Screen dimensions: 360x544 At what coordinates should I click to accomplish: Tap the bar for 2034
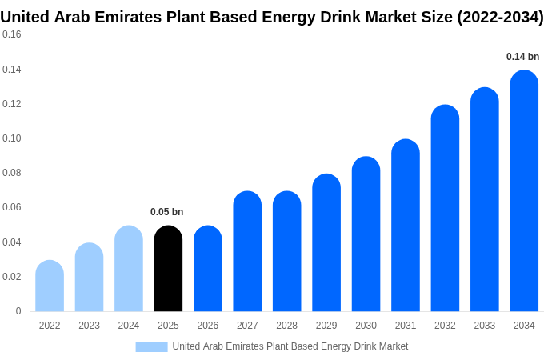(x=524, y=191)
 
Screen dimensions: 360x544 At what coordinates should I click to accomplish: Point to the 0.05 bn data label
(x=167, y=212)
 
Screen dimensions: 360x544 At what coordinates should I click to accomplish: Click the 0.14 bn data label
(x=522, y=57)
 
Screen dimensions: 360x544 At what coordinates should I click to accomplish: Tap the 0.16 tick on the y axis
(x=12, y=35)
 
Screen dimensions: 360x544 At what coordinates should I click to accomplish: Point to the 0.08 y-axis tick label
(x=12, y=173)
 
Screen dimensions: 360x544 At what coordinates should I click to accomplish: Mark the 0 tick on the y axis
(x=18, y=311)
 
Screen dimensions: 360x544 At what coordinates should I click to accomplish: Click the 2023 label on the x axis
(x=89, y=326)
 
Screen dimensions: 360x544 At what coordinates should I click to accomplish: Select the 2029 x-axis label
(x=326, y=326)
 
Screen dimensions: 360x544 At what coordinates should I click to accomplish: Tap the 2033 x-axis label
(x=484, y=326)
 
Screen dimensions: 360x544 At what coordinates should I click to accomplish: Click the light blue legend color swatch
(x=151, y=346)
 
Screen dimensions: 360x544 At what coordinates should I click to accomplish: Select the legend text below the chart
(x=290, y=346)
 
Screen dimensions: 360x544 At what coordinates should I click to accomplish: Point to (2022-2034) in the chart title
(x=500, y=17)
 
